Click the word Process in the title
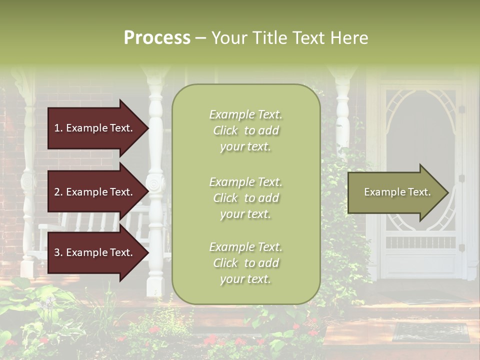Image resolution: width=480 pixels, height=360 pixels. pos(157,38)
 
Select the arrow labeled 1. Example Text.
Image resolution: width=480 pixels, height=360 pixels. pos(95,128)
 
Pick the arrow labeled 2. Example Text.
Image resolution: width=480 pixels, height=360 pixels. pos(95,192)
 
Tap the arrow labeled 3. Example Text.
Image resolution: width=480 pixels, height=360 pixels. pos(95,252)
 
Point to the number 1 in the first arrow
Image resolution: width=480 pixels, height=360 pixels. pos(57,128)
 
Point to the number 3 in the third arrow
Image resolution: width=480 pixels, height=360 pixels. pos(57,252)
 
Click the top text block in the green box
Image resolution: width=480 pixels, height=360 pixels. pos(245,130)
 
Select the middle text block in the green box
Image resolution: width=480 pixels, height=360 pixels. pos(245,198)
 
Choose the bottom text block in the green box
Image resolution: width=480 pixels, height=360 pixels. pos(245,263)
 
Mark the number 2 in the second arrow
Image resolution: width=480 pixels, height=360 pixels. pos(57,192)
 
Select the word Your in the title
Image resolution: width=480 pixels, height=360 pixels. pos(228,38)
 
